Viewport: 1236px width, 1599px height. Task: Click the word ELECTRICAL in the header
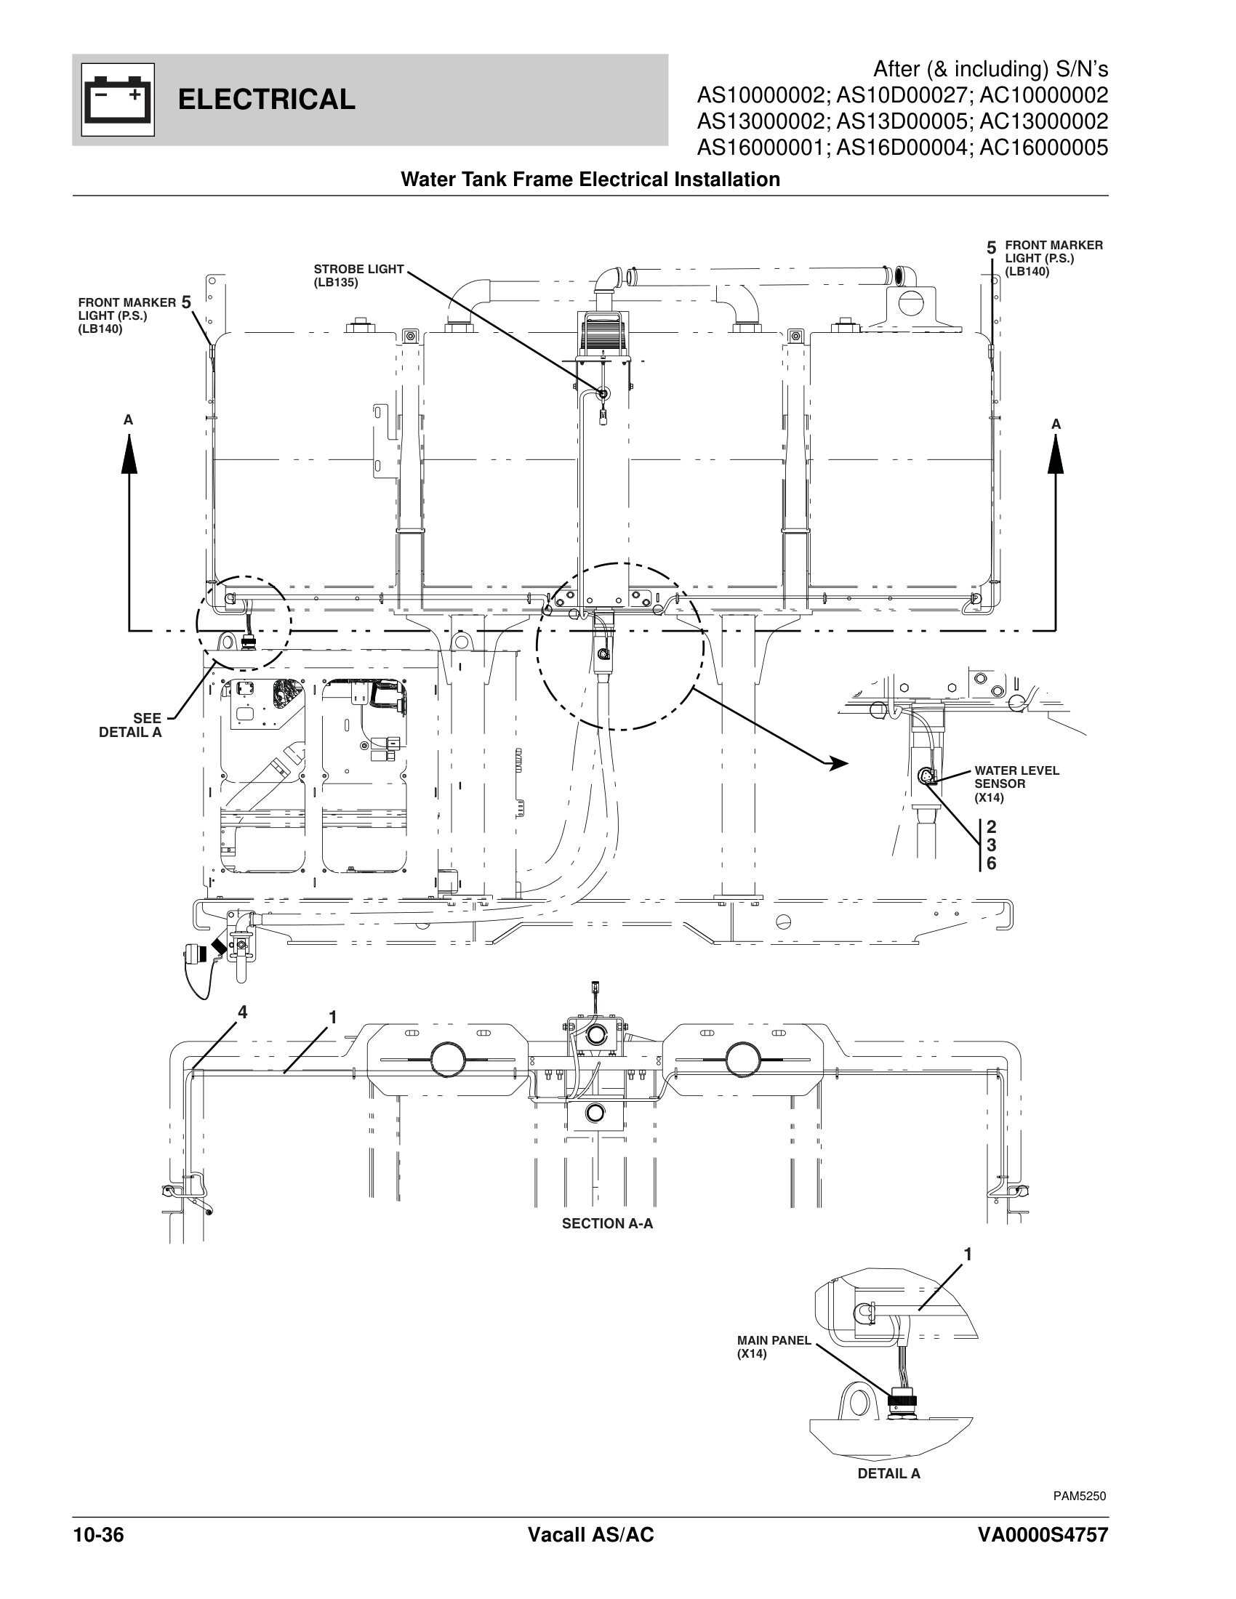[x=267, y=100]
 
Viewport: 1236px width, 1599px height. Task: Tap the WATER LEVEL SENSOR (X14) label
[x=1016, y=784]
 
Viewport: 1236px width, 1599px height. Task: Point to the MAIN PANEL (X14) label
[x=774, y=1346]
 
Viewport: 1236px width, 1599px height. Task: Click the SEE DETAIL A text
[x=132, y=726]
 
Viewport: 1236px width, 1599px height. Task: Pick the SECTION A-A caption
[x=607, y=1223]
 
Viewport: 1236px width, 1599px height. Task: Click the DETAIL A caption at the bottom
[x=888, y=1474]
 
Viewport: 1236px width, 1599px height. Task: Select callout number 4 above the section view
[x=241, y=1012]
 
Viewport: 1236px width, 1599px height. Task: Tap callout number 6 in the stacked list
[x=991, y=864]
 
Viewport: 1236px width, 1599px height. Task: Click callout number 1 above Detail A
[x=967, y=1255]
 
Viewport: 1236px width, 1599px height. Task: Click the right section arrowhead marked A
[x=1055, y=456]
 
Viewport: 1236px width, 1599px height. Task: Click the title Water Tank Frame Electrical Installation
[x=590, y=180]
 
